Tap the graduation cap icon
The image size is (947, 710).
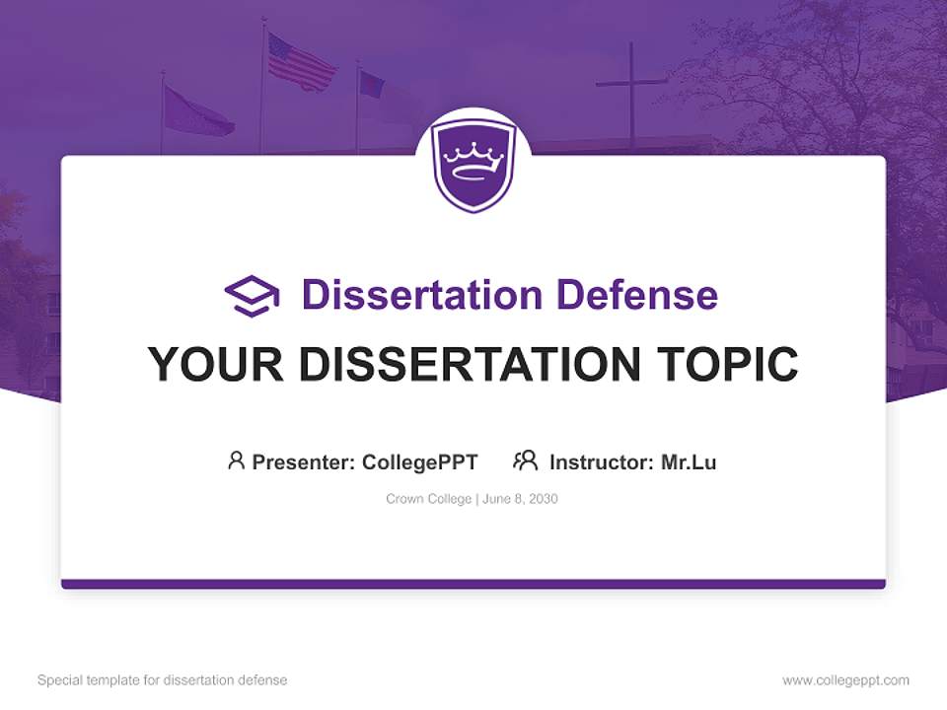(252, 296)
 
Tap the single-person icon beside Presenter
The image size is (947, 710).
(236, 461)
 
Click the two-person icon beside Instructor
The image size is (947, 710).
(526, 461)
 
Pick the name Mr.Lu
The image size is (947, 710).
(689, 461)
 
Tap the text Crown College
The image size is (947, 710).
(429, 499)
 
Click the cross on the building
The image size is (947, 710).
(631, 89)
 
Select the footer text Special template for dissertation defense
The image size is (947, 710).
(162, 680)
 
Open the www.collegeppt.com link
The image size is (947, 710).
(845, 680)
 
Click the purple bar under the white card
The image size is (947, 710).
(473, 584)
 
